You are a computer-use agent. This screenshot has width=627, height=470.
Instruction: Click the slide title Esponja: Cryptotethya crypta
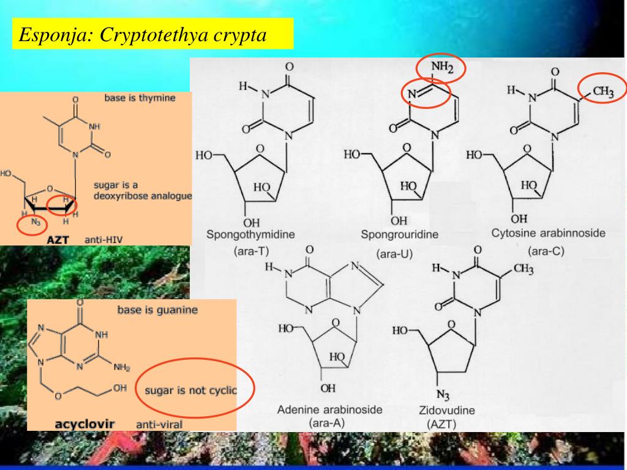click(143, 34)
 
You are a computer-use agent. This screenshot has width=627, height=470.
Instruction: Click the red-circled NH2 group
click(441, 69)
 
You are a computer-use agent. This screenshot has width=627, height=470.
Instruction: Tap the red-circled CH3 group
click(603, 91)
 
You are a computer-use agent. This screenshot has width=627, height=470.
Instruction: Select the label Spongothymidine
click(251, 234)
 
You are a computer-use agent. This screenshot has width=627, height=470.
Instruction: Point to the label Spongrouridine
click(399, 234)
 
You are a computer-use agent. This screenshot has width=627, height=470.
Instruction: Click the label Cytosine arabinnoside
click(548, 233)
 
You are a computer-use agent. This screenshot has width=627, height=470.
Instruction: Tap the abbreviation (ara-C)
click(546, 250)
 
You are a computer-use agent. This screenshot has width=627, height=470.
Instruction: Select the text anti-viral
click(159, 423)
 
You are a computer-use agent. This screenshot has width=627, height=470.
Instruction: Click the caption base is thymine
click(140, 97)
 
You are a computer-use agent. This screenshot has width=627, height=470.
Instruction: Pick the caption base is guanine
click(157, 310)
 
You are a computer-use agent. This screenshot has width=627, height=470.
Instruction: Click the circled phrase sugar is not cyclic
click(190, 390)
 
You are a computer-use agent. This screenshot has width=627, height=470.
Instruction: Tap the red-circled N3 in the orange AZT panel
click(34, 223)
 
